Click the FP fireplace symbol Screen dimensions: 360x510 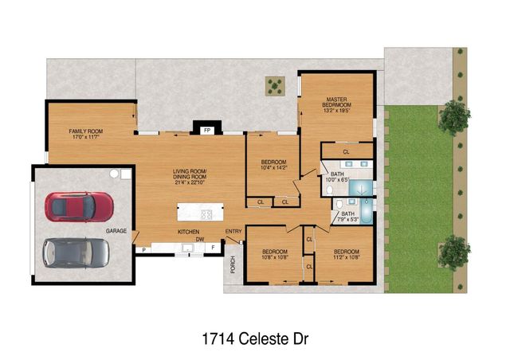coord(206,129)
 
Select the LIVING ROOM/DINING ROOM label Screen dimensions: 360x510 coord(190,177)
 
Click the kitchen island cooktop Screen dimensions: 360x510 coord(206,213)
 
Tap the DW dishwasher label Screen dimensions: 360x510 coord(201,239)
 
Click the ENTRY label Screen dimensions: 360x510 coord(233,232)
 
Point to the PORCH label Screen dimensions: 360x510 coord(233,264)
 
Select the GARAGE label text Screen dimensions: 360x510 coord(117,231)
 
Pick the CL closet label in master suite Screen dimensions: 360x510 coord(346,151)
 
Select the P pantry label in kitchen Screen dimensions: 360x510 coord(143,249)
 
